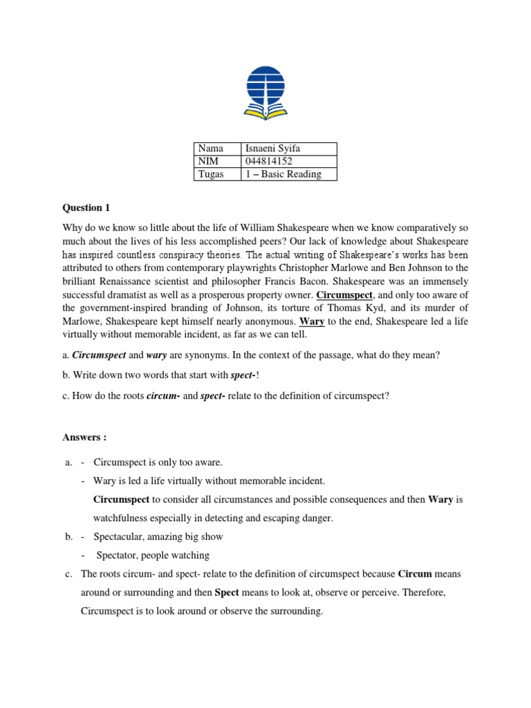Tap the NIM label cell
point(208,161)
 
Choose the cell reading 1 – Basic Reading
point(283,174)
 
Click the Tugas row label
point(211,174)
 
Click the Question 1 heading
point(86,208)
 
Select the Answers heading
point(84,438)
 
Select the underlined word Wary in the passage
point(312,322)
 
